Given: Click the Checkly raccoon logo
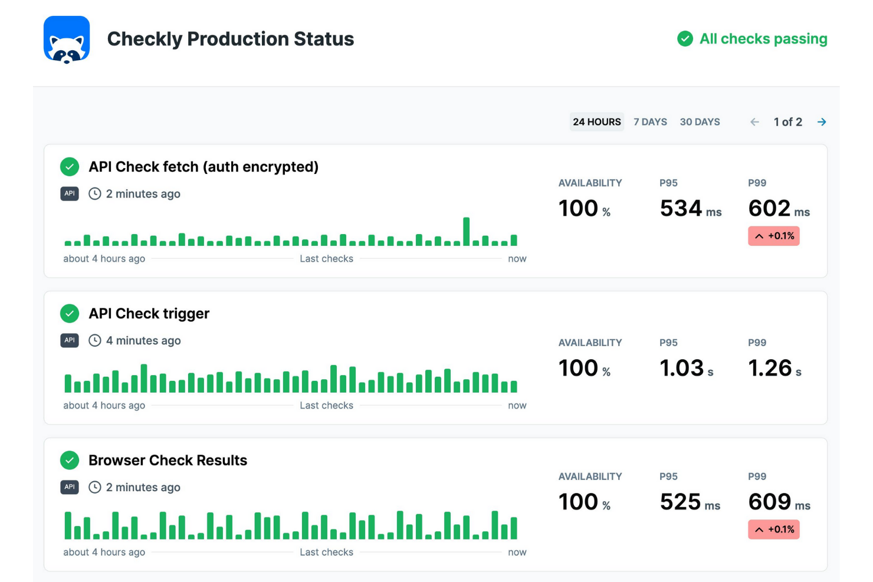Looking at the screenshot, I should point(67,40).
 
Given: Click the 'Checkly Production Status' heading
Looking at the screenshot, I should point(230,39).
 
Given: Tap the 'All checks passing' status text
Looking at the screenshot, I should point(763,39).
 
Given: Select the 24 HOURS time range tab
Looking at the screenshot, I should point(596,122).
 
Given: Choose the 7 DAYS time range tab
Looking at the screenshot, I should point(650,122).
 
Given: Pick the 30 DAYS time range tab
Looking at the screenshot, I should point(700,122).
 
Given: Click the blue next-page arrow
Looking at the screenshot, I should point(822,122).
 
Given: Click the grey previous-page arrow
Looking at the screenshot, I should point(754,122).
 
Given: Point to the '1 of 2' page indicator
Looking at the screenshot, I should point(787,122).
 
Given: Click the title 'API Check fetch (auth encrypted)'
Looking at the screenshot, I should point(204,167).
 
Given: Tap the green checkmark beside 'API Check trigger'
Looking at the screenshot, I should point(70,314).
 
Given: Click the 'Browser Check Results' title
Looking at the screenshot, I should point(168,461).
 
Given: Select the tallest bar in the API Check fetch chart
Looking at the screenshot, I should point(467,232).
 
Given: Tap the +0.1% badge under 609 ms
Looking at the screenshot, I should point(773,530).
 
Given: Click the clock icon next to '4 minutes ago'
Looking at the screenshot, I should point(95,341).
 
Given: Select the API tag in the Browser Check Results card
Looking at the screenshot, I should point(70,487).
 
